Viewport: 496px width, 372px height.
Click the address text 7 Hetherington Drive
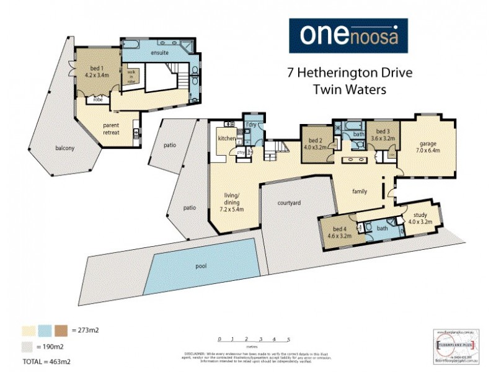tap(350, 72)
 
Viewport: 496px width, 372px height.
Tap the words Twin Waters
tap(350, 89)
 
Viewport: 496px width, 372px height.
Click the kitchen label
tap(226, 138)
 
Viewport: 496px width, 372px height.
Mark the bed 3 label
tap(383, 135)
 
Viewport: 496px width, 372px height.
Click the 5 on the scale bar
tap(289, 340)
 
